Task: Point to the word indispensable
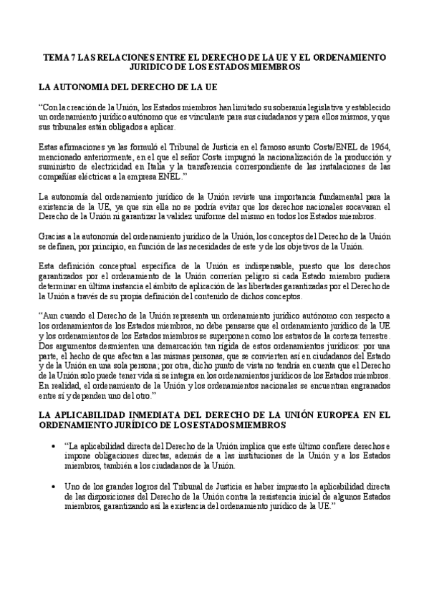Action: [x=238, y=266]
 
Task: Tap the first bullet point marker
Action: [x=56, y=445]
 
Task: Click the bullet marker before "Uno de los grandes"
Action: [x=56, y=486]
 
